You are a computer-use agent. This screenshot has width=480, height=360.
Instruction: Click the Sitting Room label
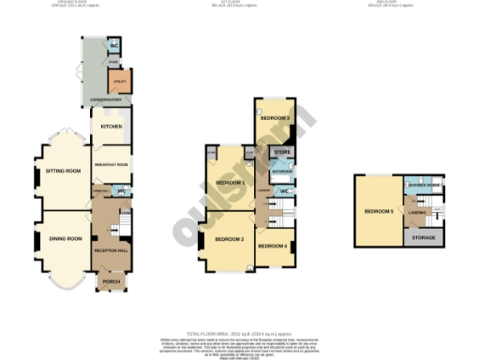pyautogui.click(x=63, y=171)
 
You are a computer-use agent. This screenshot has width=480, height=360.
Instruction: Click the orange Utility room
pyautogui.click(x=120, y=82)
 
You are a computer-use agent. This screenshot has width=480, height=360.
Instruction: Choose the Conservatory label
pyautogui.click(x=99, y=99)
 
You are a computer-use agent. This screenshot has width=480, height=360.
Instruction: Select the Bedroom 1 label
pyautogui.click(x=230, y=181)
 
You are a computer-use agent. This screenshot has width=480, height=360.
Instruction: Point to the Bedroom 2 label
pyautogui.click(x=230, y=240)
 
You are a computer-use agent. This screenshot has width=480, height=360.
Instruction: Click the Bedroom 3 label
pyautogui.click(x=274, y=118)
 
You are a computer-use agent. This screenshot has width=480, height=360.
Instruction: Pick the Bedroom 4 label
pyautogui.click(x=272, y=246)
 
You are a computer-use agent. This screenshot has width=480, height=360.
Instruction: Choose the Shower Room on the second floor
pyautogui.click(x=424, y=184)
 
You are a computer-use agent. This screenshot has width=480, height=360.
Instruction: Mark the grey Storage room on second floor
pyautogui.click(x=424, y=239)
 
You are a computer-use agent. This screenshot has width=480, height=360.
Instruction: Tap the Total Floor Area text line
pyautogui.click(x=240, y=333)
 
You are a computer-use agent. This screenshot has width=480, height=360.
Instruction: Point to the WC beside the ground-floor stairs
pyautogui.click(x=122, y=190)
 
